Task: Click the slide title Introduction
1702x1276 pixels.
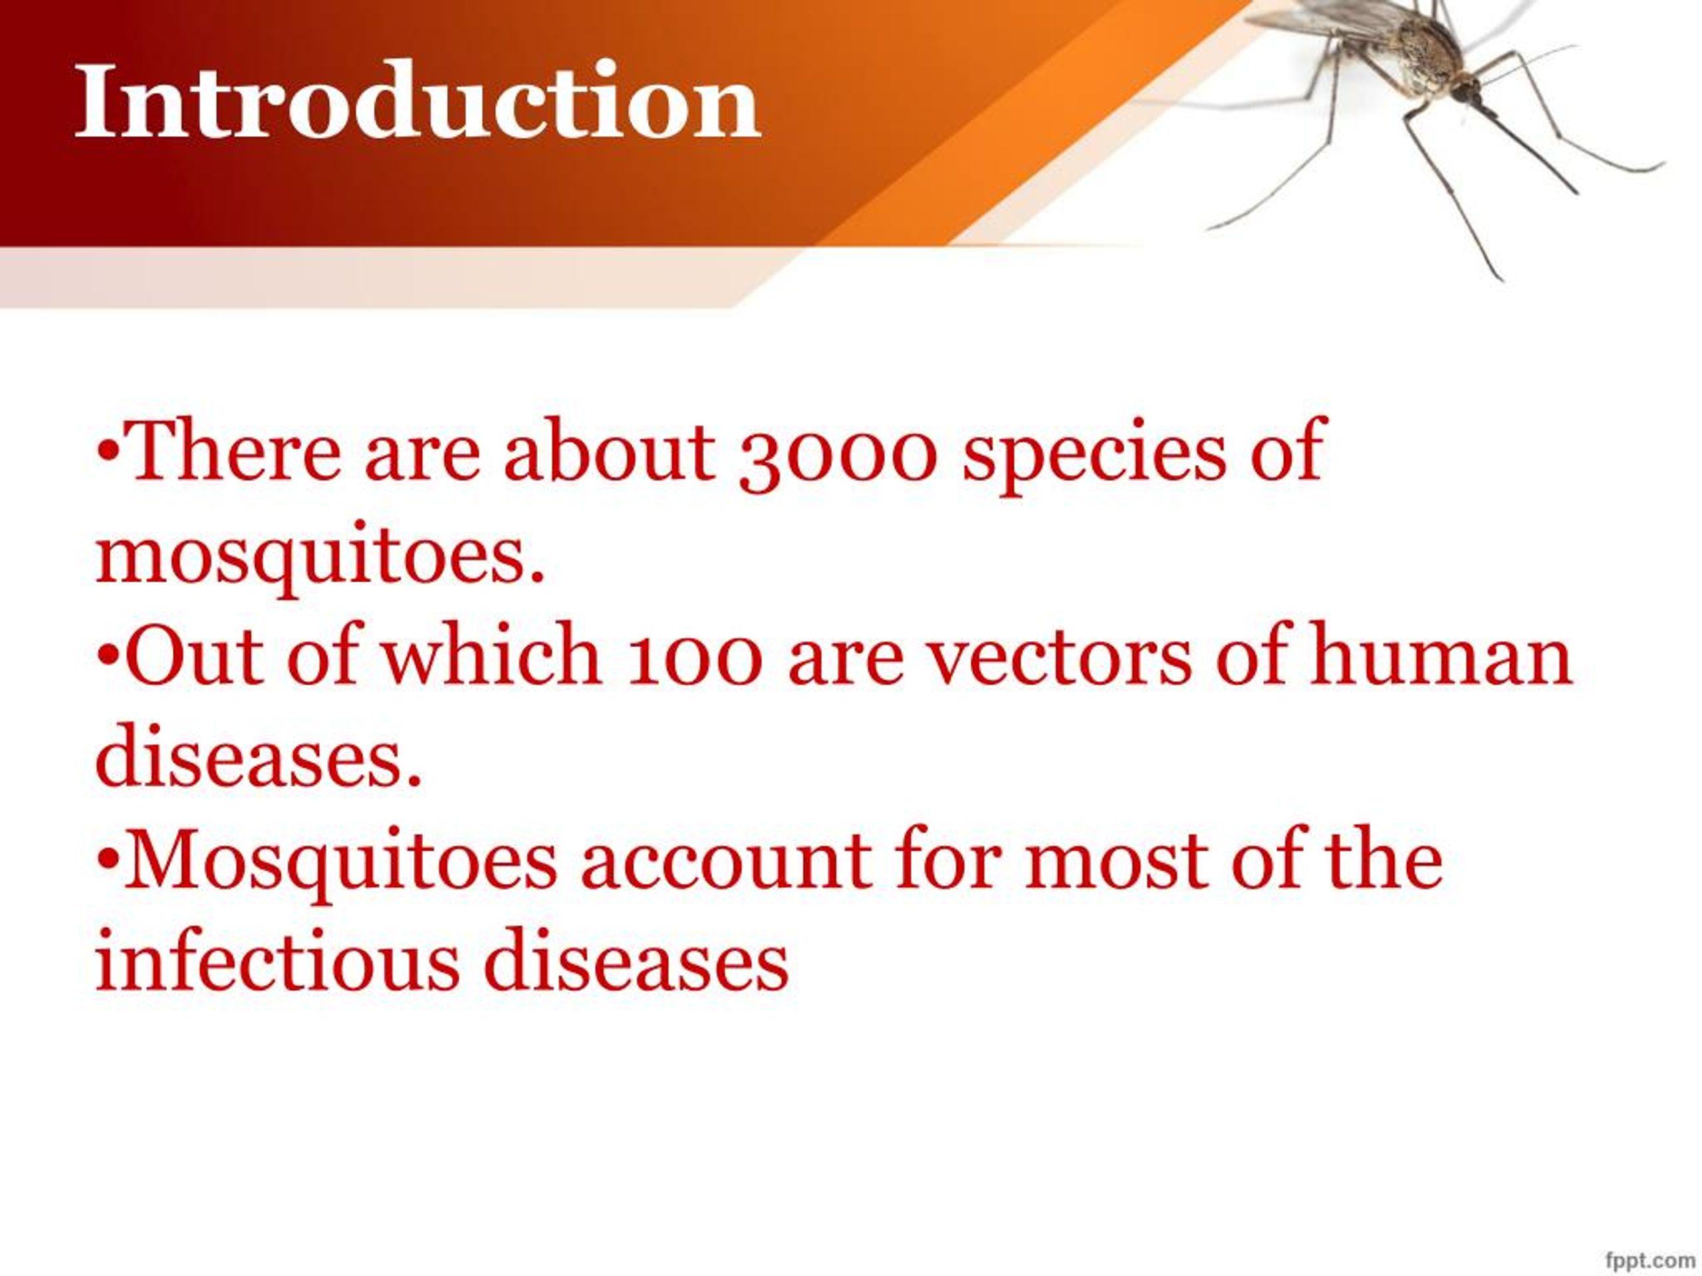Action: point(417,102)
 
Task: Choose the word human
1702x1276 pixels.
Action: point(1441,659)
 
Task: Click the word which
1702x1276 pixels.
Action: point(492,659)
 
